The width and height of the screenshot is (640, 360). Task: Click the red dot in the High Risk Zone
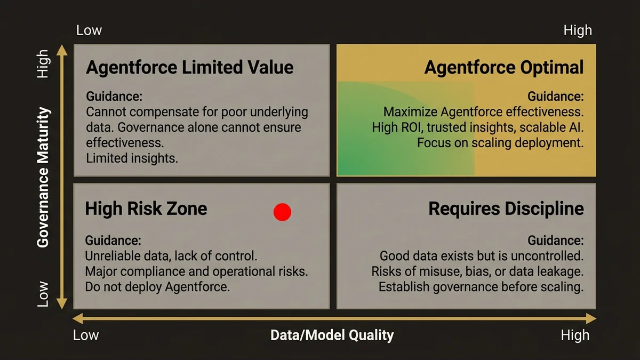point(282,212)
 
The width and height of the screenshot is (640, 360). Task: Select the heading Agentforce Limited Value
point(189,68)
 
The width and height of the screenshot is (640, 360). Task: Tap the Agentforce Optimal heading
point(504,68)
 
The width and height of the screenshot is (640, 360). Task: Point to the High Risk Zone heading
point(146,208)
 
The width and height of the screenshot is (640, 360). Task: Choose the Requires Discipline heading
point(506,209)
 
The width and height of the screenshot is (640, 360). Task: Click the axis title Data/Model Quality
point(332,335)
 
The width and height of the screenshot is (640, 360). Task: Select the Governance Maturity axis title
point(43,178)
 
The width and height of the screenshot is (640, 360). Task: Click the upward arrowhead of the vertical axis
point(62,50)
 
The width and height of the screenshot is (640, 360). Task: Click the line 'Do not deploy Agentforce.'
point(157,286)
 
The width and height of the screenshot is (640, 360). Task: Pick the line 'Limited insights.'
point(132,158)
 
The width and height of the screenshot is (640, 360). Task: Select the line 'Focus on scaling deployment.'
point(500,143)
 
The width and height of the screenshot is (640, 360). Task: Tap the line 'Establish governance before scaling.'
point(481,287)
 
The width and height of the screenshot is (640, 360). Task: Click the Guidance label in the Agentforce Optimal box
point(556,97)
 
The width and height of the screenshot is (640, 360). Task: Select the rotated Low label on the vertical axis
point(43,294)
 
